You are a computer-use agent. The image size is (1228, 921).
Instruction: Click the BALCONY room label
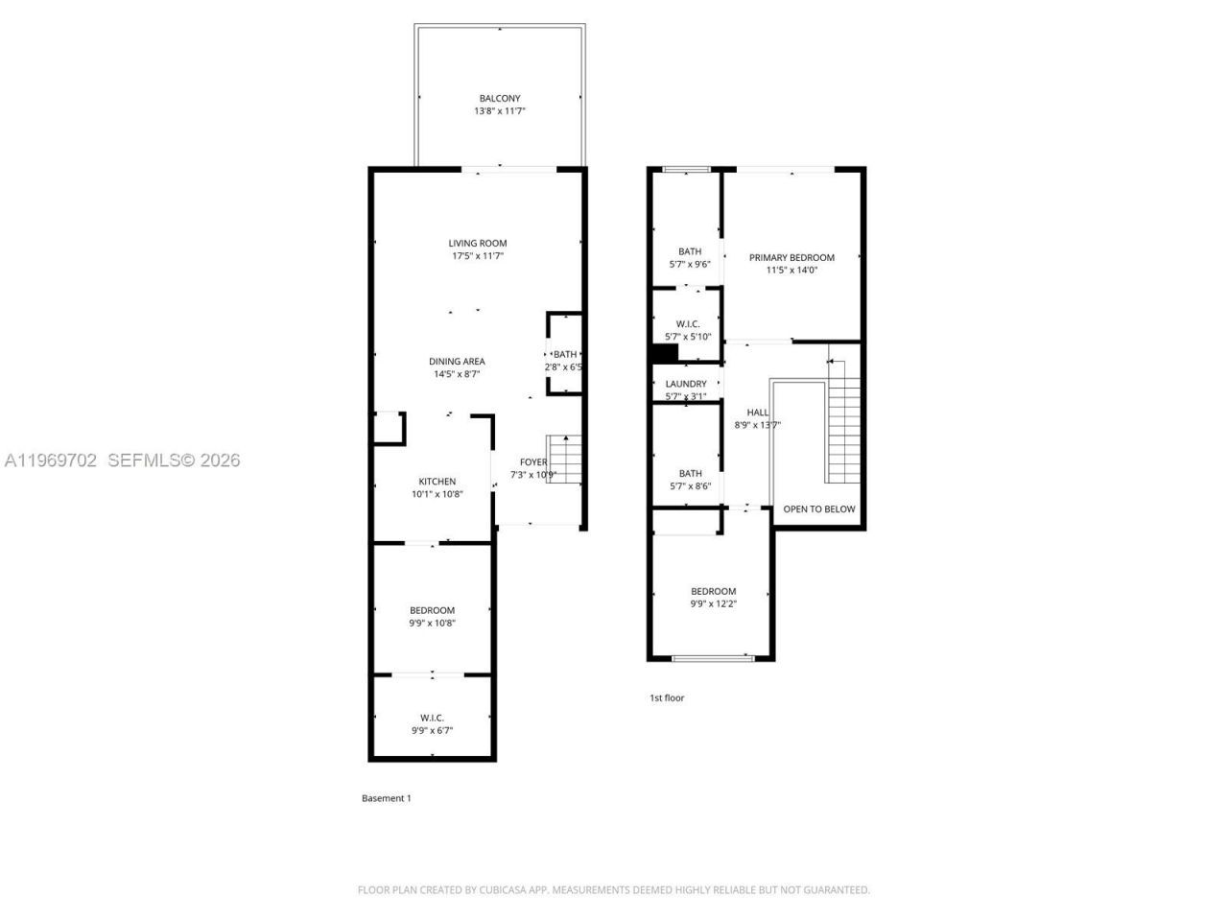pyautogui.click(x=499, y=99)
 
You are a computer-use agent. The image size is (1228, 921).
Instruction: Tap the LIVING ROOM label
pyautogui.click(x=478, y=244)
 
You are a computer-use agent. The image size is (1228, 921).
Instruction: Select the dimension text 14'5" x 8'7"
pyautogui.click(x=457, y=374)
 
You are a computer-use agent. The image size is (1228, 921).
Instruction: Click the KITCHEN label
pyautogui.click(x=437, y=482)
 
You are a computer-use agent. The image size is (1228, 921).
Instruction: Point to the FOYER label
pyautogui.click(x=533, y=462)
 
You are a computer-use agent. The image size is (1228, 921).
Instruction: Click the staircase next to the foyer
pyautogui.click(x=565, y=460)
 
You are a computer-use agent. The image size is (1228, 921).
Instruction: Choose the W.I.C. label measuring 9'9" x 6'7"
pyautogui.click(x=432, y=718)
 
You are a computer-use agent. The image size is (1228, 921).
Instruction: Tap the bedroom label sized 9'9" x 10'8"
pyautogui.click(x=432, y=610)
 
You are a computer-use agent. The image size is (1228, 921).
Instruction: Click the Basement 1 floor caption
pyautogui.click(x=386, y=798)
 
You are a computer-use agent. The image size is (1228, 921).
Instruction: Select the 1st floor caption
pyautogui.click(x=667, y=698)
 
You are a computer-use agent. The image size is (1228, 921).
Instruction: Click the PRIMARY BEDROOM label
pyautogui.click(x=791, y=257)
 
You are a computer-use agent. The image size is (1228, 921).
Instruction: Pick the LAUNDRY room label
pyautogui.click(x=686, y=384)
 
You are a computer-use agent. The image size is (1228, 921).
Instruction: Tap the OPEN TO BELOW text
pyautogui.click(x=818, y=509)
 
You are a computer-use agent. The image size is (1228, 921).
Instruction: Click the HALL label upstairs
pyautogui.click(x=757, y=413)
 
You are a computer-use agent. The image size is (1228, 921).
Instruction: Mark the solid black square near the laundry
pyautogui.click(x=663, y=353)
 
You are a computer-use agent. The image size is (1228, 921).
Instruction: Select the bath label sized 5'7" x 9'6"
pyautogui.click(x=690, y=251)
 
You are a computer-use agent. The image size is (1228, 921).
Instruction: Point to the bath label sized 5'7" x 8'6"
pyautogui.click(x=690, y=473)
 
